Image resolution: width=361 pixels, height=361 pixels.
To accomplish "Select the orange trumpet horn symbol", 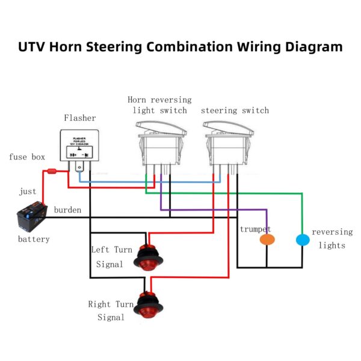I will pos(267,239).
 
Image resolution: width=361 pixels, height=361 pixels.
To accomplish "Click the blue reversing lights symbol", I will pos(303,239).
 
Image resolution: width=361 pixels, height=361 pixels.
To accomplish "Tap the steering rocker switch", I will pos(228,144).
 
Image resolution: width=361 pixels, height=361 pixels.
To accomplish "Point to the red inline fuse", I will pos(51,172).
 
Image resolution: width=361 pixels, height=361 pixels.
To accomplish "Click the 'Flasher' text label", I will pos(79,118).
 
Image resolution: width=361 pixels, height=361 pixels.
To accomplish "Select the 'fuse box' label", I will pos(27,157).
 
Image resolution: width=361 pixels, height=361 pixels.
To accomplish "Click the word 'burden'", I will pos(68,210).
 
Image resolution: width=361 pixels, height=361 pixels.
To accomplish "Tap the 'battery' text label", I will pos(34,239).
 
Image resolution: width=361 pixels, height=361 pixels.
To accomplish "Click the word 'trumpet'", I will pos(255,229).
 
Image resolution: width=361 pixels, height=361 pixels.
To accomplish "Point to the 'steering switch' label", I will pos(235,111).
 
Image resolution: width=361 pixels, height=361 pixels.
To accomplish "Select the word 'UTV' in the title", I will pos(35,47).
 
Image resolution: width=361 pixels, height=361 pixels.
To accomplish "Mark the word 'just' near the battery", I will pos(28,192).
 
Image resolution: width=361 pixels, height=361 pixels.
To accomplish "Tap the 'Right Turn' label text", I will pos(111,304).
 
